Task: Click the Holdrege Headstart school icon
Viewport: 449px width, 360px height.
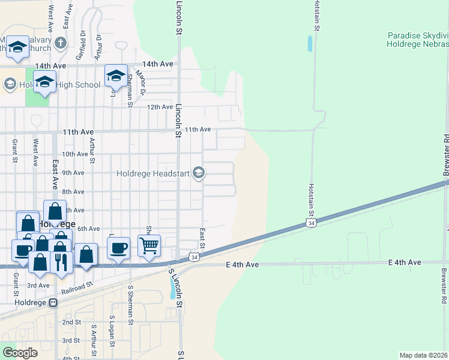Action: tap(199, 174)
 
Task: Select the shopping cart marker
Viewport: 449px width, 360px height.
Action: tap(149, 245)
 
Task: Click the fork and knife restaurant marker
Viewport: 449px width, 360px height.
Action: tap(61, 262)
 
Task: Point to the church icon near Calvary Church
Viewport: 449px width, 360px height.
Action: tap(61, 43)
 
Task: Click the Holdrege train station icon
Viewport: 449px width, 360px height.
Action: tap(53, 303)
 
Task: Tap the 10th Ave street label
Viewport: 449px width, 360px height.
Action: tap(76, 154)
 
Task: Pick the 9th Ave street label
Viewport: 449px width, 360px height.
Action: tap(73, 173)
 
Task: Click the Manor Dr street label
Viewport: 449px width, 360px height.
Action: tap(142, 83)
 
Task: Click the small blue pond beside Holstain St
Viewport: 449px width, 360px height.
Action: tap(310, 43)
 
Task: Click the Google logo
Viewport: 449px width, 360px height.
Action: tap(20, 352)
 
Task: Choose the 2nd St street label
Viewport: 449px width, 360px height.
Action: tap(71, 322)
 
